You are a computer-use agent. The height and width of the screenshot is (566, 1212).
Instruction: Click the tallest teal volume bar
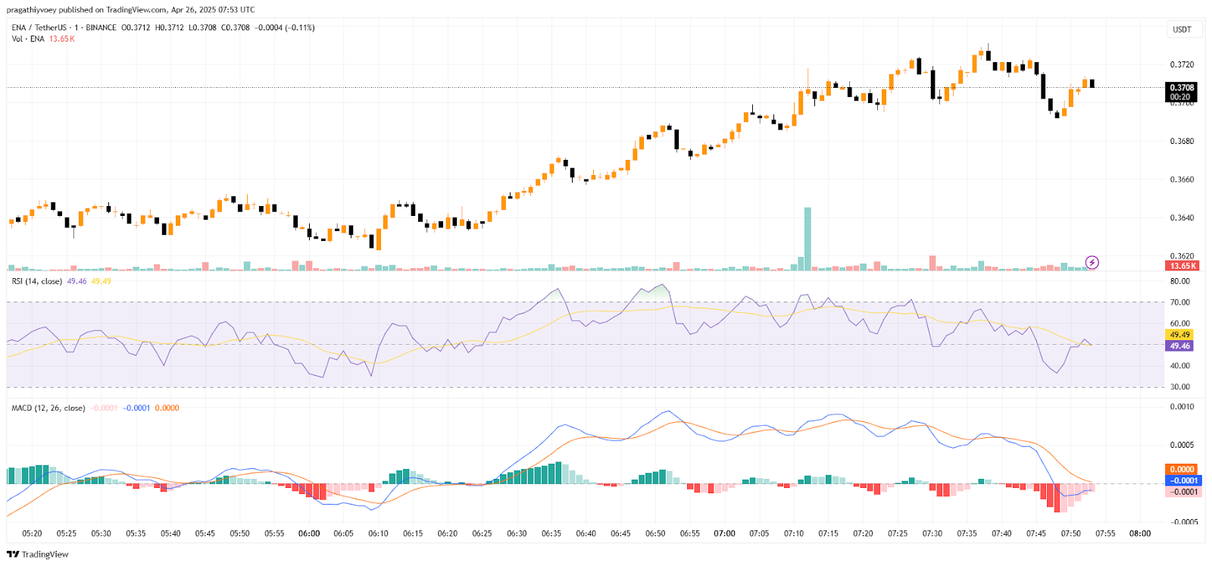point(807,239)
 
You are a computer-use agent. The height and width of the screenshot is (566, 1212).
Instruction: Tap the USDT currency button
point(1182,30)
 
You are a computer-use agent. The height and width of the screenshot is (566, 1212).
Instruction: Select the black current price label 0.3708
point(1181,88)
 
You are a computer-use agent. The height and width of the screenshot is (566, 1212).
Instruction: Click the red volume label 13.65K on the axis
point(1182,266)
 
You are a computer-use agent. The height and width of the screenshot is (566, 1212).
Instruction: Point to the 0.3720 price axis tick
point(1182,64)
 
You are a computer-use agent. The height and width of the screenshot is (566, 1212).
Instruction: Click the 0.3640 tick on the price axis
point(1182,218)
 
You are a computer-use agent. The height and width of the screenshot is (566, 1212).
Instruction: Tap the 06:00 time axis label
point(309,533)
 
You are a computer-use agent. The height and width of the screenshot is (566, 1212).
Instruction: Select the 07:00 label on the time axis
point(724,533)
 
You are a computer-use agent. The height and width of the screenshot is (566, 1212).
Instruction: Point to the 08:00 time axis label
point(1140,533)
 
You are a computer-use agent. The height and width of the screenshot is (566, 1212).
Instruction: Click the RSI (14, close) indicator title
point(37,281)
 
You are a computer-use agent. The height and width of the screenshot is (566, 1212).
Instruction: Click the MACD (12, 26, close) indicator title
point(48,408)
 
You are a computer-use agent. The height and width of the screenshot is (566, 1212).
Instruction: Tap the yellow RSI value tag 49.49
point(1179,334)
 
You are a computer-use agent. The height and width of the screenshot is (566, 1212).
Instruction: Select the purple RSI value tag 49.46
point(1179,346)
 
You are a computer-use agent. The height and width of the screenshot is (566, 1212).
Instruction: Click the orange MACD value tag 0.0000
point(1182,469)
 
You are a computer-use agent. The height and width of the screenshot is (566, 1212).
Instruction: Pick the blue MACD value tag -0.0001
point(1184,480)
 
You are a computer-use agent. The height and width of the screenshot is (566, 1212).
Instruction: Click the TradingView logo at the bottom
point(37,554)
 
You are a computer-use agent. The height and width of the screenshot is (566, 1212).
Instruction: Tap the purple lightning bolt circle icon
point(1092,262)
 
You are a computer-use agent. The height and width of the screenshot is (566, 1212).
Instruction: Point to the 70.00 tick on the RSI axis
point(1179,302)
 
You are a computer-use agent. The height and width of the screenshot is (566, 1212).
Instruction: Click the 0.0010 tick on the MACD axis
point(1182,407)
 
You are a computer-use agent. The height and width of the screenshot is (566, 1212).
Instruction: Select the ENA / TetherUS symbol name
point(39,27)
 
